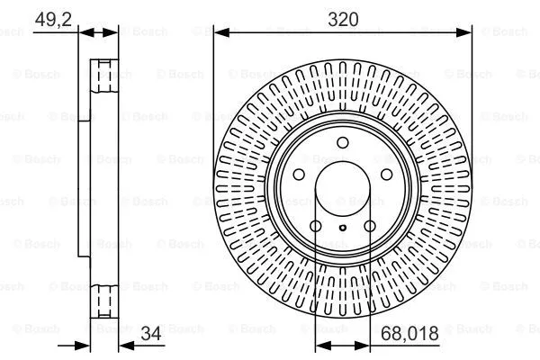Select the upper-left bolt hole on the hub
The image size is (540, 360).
click(300, 175)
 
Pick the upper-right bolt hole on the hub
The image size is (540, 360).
click(385, 175)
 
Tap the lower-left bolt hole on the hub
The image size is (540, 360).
click(316, 226)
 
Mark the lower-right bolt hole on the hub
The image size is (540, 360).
click(370, 226)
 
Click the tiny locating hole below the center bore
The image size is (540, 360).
click(343, 229)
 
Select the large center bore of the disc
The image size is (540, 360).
click(343, 190)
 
